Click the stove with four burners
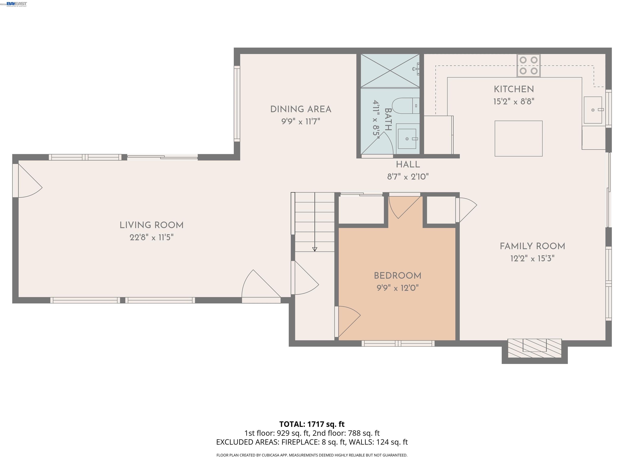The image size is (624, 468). [x=528, y=65]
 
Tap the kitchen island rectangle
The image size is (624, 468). [x=518, y=138]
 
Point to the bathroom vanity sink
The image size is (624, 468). [x=407, y=139]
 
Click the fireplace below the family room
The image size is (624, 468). [x=534, y=348]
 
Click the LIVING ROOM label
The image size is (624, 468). [x=152, y=225]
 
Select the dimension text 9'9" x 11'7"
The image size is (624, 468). [x=301, y=122]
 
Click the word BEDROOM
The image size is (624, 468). [x=398, y=276]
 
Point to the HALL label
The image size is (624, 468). [x=408, y=165]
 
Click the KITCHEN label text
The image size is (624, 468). [x=514, y=89]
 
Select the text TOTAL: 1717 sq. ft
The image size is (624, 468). [x=312, y=424]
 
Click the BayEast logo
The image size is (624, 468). [x=17, y=4]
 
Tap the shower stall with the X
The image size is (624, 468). [x=390, y=71]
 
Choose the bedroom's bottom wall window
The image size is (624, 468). [x=398, y=343]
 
